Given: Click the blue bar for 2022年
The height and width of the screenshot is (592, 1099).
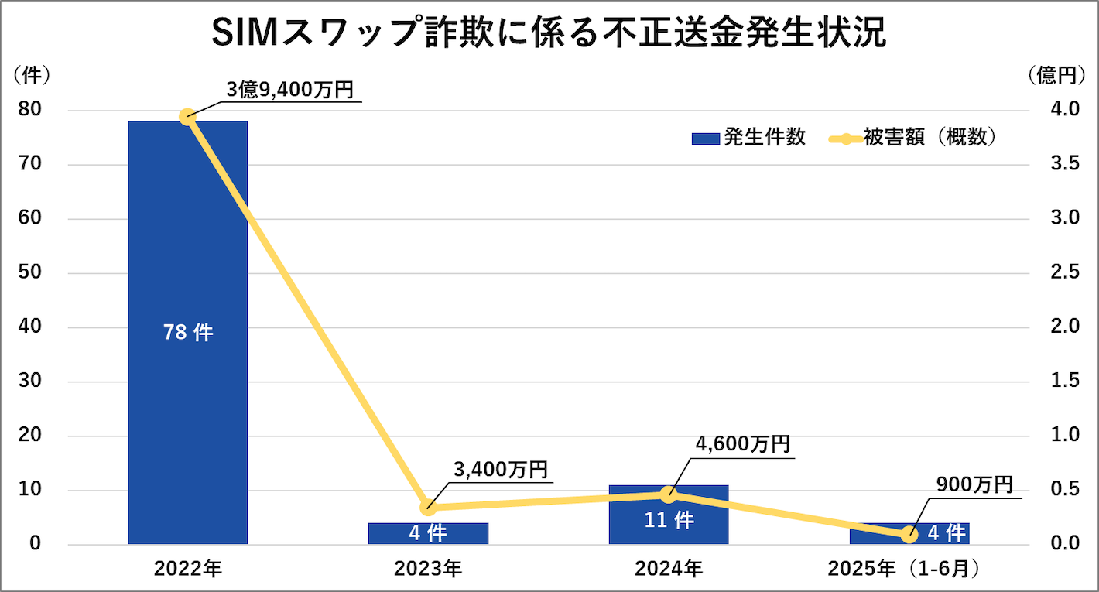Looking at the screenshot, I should [x=187, y=232].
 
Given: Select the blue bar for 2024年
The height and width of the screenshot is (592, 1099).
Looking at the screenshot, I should [x=669, y=534].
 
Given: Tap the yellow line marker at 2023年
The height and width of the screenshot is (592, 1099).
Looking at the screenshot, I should [x=428, y=508].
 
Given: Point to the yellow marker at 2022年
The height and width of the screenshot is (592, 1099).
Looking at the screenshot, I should [x=187, y=117].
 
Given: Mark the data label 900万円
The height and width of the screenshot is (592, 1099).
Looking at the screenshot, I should [x=974, y=484].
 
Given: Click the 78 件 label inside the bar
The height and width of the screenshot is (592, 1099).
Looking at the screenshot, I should [x=187, y=333].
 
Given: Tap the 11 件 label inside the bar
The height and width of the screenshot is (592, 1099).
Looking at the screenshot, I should [x=669, y=520].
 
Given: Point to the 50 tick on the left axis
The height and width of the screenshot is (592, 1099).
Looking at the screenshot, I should [x=30, y=273].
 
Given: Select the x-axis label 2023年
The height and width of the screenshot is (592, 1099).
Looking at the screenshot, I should [x=428, y=569].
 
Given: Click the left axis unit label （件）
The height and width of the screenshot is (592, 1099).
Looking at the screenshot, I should [x=32, y=75].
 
